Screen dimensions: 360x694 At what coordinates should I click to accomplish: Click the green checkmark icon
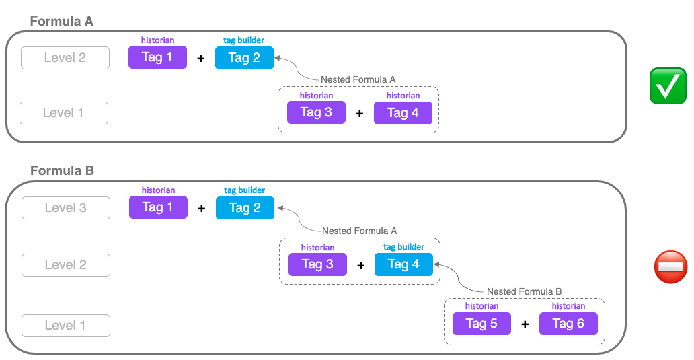(x=668, y=86)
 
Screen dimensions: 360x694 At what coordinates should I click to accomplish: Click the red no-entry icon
(x=670, y=266)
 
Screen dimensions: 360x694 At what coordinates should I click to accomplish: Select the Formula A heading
(x=62, y=22)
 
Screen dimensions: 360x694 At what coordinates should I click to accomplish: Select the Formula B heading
(x=63, y=171)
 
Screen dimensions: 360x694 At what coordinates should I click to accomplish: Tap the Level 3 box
(x=66, y=208)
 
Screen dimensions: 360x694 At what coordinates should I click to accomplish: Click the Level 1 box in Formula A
(x=64, y=113)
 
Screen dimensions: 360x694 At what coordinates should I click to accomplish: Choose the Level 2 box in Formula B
(x=66, y=265)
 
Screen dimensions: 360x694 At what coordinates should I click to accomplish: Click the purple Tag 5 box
(x=481, y=324)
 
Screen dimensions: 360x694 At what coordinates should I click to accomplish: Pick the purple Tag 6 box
(x=568, y=324)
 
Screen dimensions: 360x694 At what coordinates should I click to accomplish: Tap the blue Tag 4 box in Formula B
(x=403, y=264)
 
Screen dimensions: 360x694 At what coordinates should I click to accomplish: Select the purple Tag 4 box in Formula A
(x=403, y=112)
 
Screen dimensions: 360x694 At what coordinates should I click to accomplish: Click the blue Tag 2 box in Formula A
(x=244, y=58)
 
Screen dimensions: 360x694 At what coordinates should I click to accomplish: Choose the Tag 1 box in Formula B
(x=158, y=207)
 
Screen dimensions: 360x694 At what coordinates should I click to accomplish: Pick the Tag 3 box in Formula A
(x=316, y=112)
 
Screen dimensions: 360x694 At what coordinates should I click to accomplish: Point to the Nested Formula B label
(x=524, y=291)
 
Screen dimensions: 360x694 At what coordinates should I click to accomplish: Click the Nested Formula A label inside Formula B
(x=359, y=231)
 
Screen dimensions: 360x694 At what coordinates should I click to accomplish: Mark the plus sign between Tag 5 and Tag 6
(x=525, y=324)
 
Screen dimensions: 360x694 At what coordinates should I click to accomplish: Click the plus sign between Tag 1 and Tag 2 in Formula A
(x=200, y=59)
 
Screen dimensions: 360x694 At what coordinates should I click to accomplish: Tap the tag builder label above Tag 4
(x=403, y=247)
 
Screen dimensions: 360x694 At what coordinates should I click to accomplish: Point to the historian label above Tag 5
(x=481, y=306)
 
